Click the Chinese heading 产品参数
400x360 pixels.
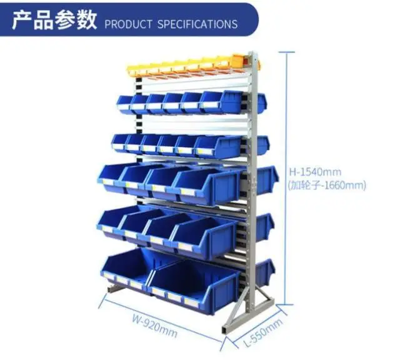54,20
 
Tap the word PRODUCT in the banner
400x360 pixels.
128,24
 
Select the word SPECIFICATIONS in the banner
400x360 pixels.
197,24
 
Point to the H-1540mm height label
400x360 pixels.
315,172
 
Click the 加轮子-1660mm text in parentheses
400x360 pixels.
327,185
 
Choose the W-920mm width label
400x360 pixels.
154,325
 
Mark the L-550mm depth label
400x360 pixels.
264,332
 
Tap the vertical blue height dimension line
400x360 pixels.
287,178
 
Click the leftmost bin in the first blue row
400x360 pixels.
125,103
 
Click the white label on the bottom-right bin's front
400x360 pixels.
191,303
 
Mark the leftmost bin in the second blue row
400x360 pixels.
119,142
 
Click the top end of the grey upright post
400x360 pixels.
252,52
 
